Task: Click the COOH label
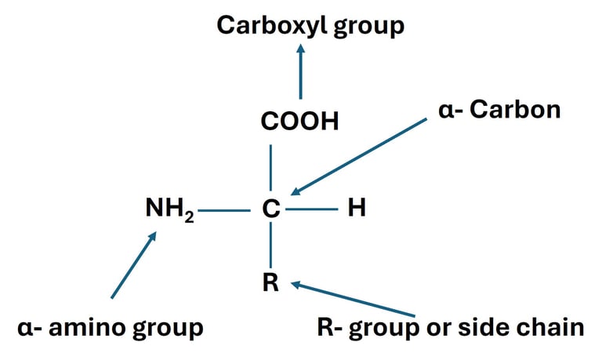click(300, 122)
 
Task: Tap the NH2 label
click(169, 209)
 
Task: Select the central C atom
click(270, 209)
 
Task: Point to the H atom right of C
click(357, 209)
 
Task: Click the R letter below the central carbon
click(270, 283)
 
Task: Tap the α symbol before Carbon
click(446, 111)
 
